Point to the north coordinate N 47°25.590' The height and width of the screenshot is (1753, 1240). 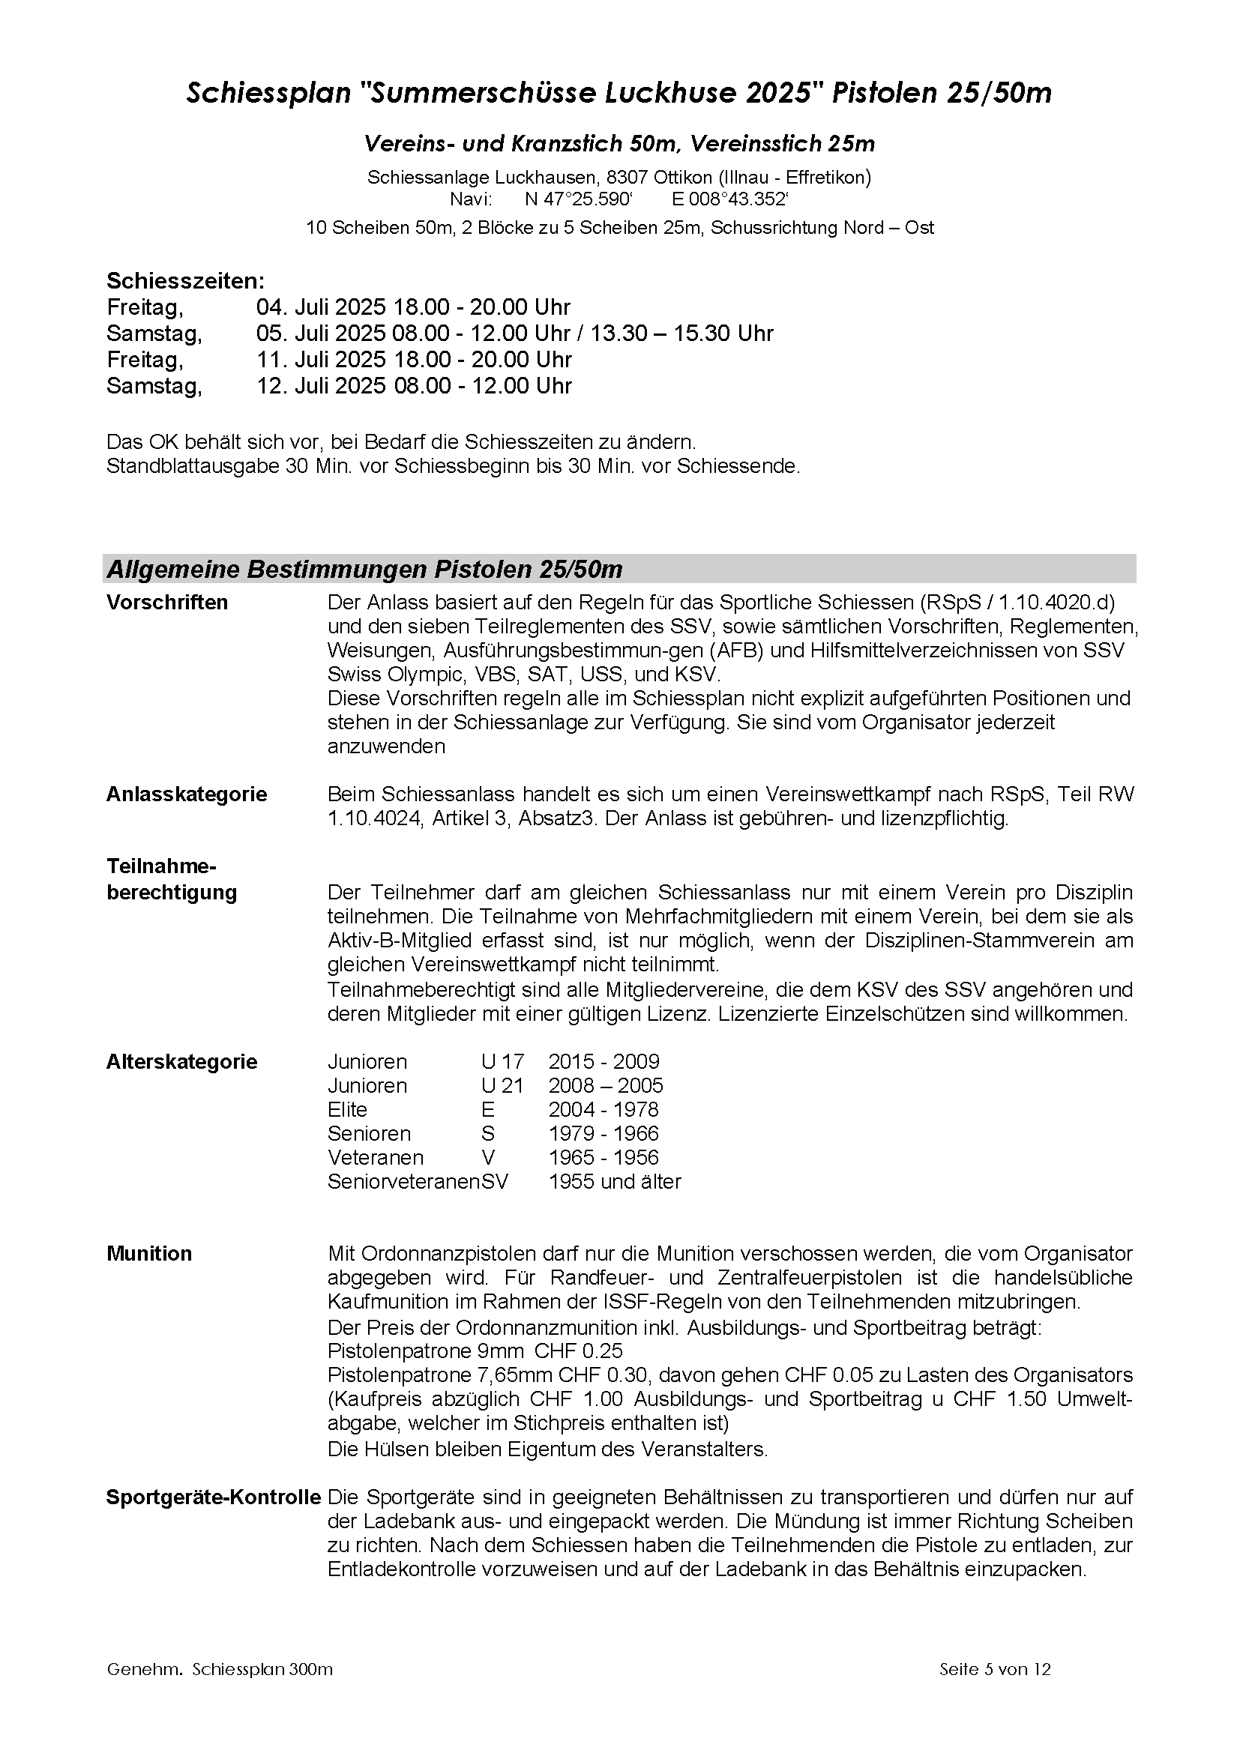[579, 200]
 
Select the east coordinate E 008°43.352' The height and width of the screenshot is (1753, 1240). [729, 200]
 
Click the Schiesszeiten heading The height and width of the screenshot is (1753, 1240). [185, 281]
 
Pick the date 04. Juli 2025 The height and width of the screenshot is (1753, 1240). [322, 307]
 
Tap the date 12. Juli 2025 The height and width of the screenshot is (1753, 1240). [322, 385]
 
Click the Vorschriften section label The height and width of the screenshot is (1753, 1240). [167, 603]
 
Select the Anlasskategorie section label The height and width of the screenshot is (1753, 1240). [187, 794]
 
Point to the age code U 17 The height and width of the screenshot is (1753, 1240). [502, 1061]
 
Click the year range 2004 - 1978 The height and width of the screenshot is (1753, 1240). [604, 1109]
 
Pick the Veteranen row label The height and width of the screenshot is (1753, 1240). [376, 1157]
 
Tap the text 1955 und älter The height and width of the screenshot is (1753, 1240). [615, 1182]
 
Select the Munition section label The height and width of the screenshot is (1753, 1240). [150, 1254]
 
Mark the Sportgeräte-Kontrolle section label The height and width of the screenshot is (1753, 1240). [213, 1498]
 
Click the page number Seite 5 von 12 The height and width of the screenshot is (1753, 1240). [995, 1669]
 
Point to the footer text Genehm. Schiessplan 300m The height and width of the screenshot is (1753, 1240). [220, 1669]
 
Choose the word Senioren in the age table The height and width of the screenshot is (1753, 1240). [369, 1134]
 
